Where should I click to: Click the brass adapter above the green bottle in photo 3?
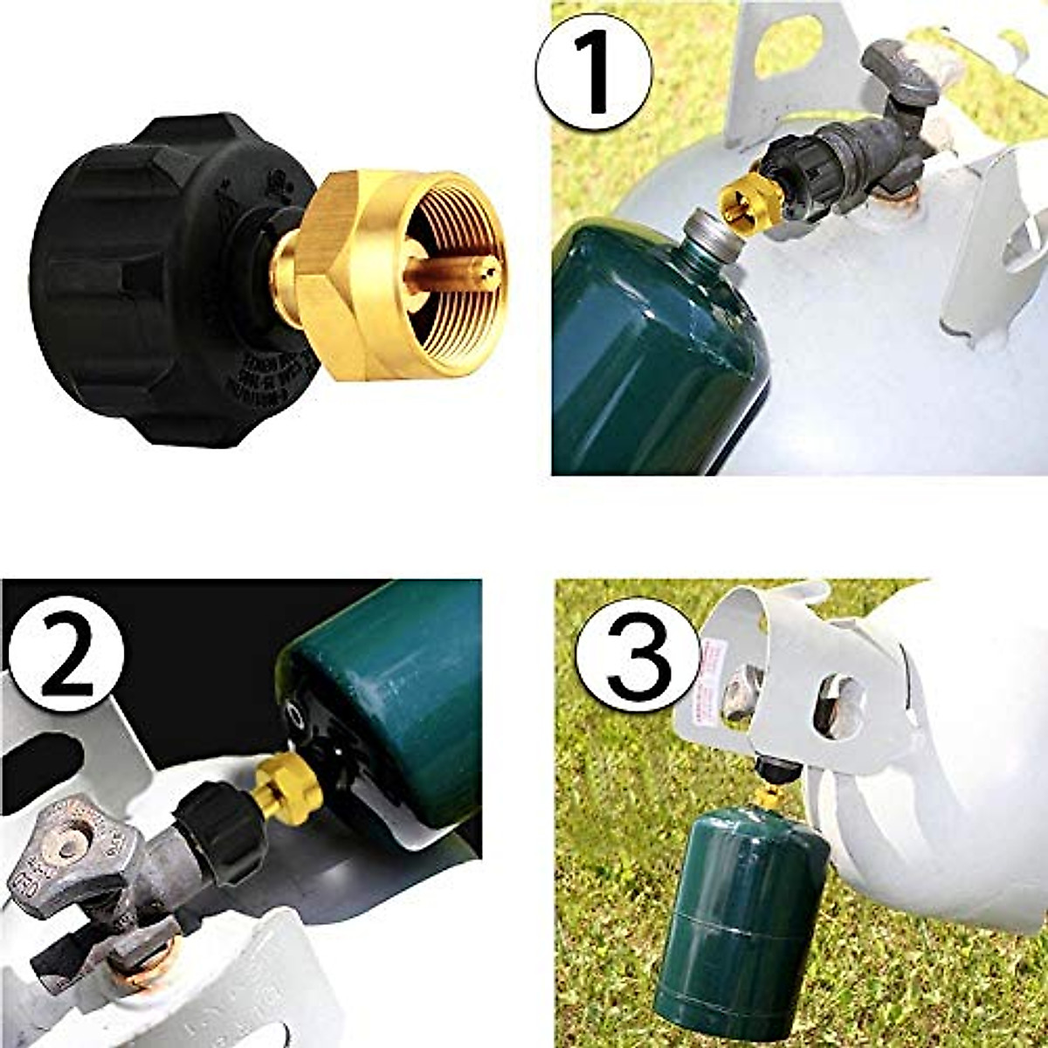click(x=769, y=796)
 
